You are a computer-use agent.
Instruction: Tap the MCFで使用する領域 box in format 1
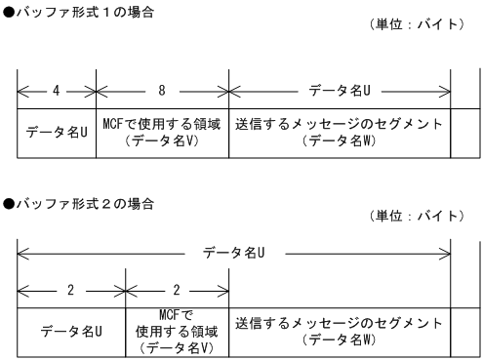161,133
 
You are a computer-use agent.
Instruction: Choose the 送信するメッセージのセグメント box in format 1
339,133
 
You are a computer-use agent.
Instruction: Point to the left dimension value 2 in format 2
71,290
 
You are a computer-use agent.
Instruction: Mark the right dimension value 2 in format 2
176,290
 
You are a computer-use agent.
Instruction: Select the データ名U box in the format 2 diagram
71,331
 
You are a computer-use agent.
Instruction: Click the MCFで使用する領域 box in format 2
176,331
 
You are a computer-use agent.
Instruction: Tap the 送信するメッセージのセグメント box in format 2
339,331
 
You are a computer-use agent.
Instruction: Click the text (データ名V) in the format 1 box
161,140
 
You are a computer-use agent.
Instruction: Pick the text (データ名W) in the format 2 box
339,339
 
